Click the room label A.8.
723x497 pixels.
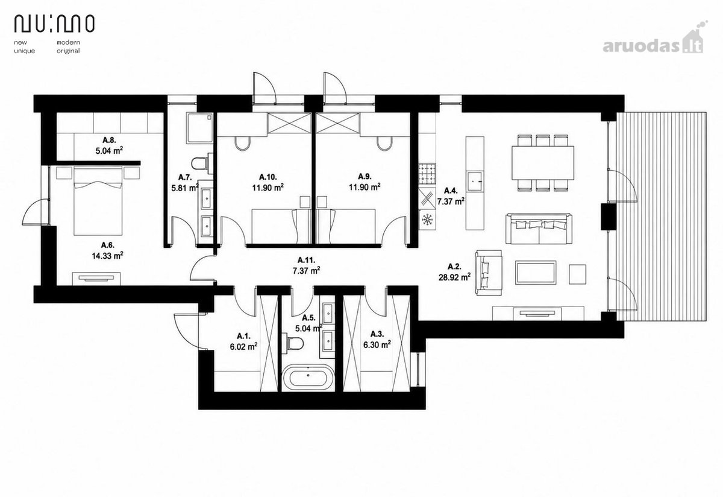point(109,140)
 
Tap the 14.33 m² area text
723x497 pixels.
point(107,256)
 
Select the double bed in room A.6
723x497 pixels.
point(98,201)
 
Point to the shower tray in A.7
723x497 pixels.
point(200,128)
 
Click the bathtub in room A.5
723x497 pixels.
point(308,377)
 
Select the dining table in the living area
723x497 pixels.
point(543,163)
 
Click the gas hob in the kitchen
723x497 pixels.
point(427,174)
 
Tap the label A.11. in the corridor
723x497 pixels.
point(306,260)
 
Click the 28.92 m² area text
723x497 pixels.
point(454,277)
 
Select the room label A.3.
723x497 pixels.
point(377,334)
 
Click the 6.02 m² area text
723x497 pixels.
point(243,346)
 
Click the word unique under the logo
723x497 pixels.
point(25,51)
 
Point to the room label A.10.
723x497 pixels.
point(268,177)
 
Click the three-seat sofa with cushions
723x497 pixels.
point(539,229)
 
